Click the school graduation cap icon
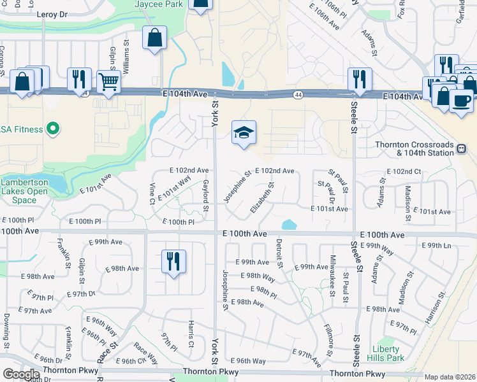click(244, 132)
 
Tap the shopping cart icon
click(108, 81)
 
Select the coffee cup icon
click(461, 100)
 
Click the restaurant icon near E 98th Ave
click(173, 261)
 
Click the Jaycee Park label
click(159, 4)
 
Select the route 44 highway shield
click(298, 95)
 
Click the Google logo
click(20, 374)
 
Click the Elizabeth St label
click(263, 198)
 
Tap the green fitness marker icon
click(54, 129)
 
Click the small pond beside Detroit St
click(288, 225)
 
